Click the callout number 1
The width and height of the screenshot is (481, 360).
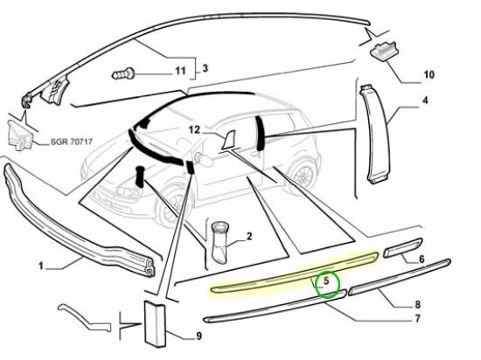coord(41,266)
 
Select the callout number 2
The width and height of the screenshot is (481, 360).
coord(249,236)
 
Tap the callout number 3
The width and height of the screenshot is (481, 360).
coord(205,67)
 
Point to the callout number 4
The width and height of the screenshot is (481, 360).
coord(425,100)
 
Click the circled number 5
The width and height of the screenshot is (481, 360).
coord(326,280)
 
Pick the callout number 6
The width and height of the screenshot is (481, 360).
coord(422,260)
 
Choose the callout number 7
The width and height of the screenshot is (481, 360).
coord(417,319)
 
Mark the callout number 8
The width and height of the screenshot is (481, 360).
coord(417,305)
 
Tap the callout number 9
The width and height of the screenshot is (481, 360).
coord(199,336)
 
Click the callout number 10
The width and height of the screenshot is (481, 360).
coord(429,74)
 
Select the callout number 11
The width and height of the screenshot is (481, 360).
coord(180,71)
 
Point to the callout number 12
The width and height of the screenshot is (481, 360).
coord(194,130)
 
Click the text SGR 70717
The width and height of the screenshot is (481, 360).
coord(71,142)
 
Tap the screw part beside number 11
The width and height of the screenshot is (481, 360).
coord(123,74)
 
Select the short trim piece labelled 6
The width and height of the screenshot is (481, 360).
coord(403,248)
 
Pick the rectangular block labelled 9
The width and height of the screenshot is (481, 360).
coord(155,324)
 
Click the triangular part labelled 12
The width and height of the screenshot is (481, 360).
coord(229,141)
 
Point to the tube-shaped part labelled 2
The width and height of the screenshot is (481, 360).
coord(220,243)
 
